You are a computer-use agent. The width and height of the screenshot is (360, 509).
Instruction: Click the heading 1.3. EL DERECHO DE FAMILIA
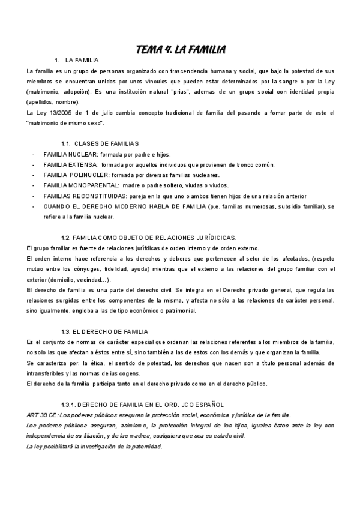coord(104,331)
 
